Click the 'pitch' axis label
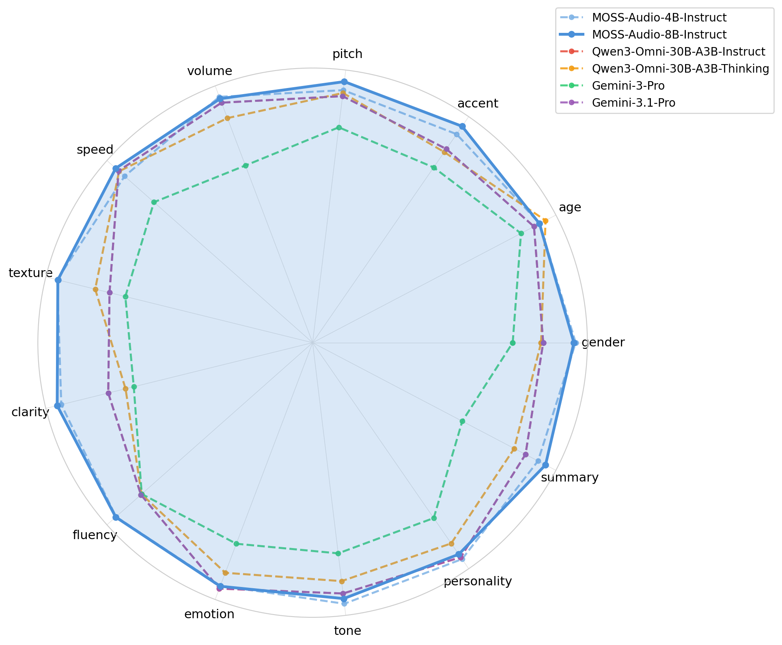(x=347, y=54)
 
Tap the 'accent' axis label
(x=478, y=103)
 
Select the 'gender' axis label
(x=603, y=343)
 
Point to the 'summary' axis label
(x=570, y=477)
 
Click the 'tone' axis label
(x=347, y=630)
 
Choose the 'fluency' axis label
(x=95, y=535)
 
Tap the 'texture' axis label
(x=30, y=273)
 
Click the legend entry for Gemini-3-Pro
(x=628, y=86)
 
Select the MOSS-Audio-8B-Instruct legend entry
(x=659, y=34)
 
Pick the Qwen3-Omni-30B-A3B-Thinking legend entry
(x=680, y=69)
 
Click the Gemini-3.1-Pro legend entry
(x=633, y=103)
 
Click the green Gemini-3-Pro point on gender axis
(x=513, y=343)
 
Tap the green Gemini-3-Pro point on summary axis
(x=462, y=421)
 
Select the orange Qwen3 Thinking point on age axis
(x=545, y=221)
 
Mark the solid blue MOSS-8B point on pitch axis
(x=344, y=82)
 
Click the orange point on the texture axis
(x=95, y=289)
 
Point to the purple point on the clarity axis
(x=108, y=393)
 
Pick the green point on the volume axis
(x=246, y=166)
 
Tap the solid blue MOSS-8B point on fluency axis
(x=116, y=517)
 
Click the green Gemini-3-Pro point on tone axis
(x=338, y=553)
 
